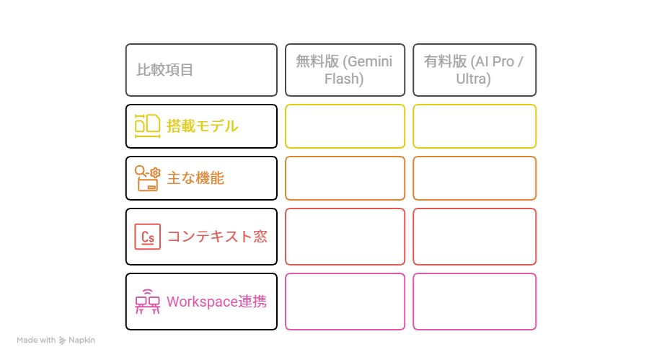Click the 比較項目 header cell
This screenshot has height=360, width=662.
pyautogui.click(x=200, y=70)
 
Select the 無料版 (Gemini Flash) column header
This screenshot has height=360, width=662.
pyautogui.click(x=344, y=70)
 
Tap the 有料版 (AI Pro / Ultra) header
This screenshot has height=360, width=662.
pyautogui.click(x=474, y=70)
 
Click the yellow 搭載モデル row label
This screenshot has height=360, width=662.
pyautogui.click(x=203, y=126)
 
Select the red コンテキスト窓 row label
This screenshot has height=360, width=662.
pyautogui.click(x=217, y=237)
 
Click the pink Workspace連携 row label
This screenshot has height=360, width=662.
pyautogui.click(x=216, y=302)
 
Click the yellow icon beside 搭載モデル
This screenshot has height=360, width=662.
pyautogui.click(x=147, y=126)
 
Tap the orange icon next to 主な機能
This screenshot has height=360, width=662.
pyautogui.click(x=146, y=177)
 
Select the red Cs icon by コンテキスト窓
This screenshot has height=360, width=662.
pyautogui.click(x=147, y=237)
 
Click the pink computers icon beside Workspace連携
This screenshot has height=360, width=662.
pyautogui.click(x=147, y=302)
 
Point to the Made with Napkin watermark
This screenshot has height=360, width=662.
pyautogui.click(x=56, y=340)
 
